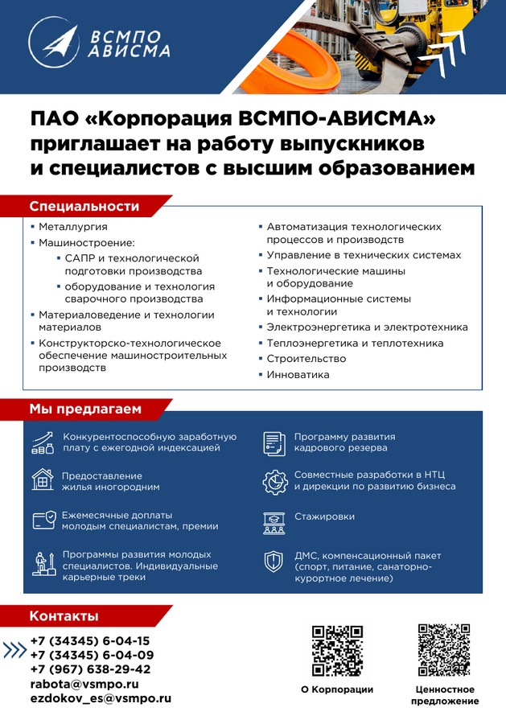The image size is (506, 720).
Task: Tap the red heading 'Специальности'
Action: [x=84, y=207]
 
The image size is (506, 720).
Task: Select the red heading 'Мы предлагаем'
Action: [x=85, y=409]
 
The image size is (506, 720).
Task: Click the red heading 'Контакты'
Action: [x=64, y=616]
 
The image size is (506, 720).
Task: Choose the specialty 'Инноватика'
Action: [x=298, y=375]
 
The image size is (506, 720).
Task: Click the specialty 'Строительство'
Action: [x=306, y=359]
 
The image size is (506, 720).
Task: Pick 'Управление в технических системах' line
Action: [x=364, y=255]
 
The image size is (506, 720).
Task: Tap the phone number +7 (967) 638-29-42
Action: [x=90, y=669]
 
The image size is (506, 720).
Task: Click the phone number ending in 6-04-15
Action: [x=89, y=641]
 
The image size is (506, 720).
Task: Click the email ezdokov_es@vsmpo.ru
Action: [x=101, y=698]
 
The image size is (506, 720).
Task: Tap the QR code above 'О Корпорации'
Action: [x=337, y=651]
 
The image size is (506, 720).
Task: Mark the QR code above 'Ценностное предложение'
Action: [x=444, y=649]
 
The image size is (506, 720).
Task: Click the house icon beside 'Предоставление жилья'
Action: [x=43, y=480]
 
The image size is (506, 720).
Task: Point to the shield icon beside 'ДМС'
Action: [x=274, y=561]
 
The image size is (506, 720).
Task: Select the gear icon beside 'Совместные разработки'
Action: [x=275, y=481]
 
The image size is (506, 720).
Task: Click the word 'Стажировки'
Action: [x=324, y=516]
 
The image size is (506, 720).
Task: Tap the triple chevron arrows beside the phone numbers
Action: [x=15, y=650]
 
